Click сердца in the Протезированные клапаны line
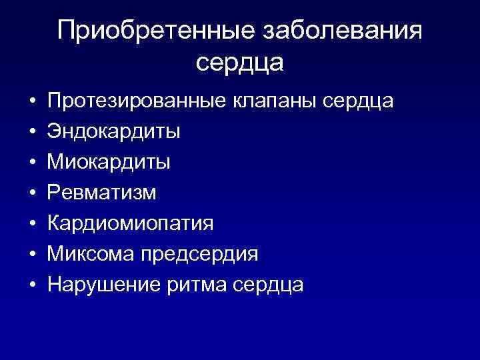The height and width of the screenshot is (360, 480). [358, 101]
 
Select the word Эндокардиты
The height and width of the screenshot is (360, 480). [113, 131]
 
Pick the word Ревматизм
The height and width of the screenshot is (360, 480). [102, 193]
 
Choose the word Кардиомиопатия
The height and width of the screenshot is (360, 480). [131, 223]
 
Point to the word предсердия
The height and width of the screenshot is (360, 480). [197, 254]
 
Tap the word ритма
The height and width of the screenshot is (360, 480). [191, 285]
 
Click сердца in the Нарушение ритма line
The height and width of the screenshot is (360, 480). [269, 285]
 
